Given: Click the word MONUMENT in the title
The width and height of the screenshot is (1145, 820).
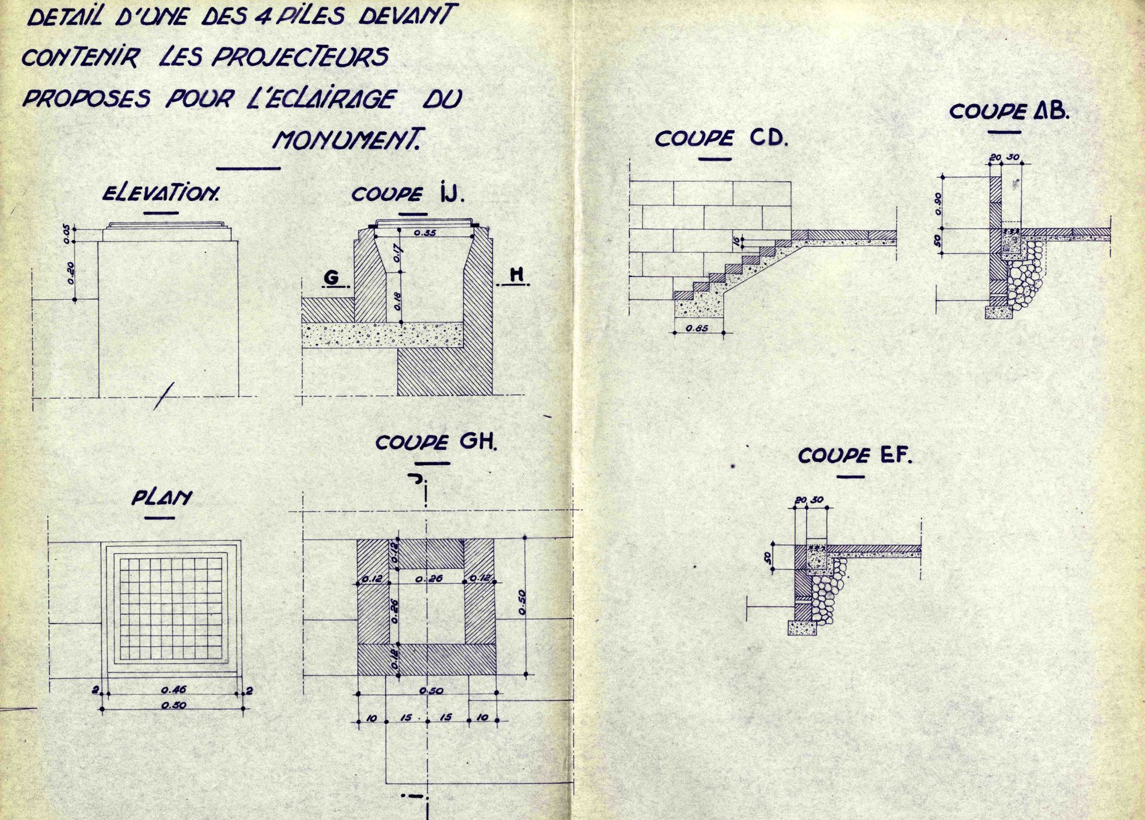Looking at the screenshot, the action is (346, 140).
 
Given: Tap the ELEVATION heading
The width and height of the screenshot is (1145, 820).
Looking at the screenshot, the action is (160, 193).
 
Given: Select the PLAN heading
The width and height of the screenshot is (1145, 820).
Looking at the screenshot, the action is (161, 498).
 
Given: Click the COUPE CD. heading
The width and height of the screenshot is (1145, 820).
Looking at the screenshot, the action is (721, 138).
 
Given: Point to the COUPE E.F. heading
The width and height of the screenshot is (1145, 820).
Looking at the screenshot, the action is (855, 455).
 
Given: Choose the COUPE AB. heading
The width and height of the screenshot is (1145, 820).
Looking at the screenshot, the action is (1009, 111).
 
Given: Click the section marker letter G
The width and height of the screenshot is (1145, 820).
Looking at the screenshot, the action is (331, 278).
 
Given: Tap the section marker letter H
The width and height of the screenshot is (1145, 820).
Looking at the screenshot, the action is (516, 275).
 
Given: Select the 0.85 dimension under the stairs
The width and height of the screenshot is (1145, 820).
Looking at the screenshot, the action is (697, 328).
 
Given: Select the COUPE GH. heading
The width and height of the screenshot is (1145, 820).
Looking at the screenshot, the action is (436, 442).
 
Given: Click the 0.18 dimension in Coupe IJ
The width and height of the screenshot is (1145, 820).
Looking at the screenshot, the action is (398, 300).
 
